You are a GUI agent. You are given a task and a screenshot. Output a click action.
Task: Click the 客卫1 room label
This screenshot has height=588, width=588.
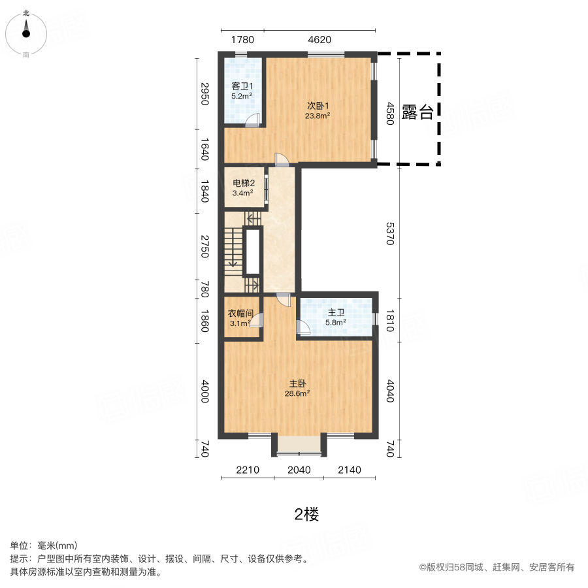tap(242, 86)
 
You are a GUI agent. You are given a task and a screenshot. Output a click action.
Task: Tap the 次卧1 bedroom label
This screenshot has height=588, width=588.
tap(318, 106)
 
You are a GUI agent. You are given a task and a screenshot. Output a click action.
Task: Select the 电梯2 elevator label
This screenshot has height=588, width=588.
tap(244, 183)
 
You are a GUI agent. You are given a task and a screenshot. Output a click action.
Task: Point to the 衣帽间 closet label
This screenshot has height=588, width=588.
tap(240, 313)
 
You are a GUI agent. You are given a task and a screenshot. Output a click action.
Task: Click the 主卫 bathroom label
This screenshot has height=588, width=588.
tap(336, 312)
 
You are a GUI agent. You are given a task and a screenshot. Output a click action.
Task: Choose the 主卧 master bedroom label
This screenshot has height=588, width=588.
tap(298, 384)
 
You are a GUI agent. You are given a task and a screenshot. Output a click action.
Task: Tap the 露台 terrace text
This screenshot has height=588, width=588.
tap(417, 112)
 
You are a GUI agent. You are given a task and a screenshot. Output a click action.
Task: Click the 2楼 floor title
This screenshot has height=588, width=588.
tap(306, 514)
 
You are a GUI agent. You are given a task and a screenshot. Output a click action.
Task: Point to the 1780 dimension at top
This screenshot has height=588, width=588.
tap(242, 40)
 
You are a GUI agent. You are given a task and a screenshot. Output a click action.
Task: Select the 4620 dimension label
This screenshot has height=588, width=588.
tap(319, 40)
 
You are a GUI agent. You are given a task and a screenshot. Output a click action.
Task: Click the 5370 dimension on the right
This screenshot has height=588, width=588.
tap(391, 234)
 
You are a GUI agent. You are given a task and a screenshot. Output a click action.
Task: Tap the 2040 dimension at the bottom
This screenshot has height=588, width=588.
tap(299, 470)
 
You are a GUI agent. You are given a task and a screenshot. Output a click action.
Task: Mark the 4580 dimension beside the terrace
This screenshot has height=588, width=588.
tap(391, 113)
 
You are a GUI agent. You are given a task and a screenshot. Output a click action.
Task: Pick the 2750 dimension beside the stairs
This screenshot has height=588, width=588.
tap(204, 246)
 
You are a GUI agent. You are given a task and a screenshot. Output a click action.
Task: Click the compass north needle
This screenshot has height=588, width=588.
tap(26, 29)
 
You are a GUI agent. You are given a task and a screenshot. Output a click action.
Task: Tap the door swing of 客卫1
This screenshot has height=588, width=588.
tap(253, 120)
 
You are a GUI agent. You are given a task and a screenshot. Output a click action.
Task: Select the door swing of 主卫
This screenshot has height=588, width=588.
tap(302, 327)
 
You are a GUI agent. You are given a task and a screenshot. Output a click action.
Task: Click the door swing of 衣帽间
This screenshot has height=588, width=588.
tap(257, 320)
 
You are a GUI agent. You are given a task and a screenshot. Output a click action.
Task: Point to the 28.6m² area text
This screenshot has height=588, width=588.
tap(297, 393)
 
